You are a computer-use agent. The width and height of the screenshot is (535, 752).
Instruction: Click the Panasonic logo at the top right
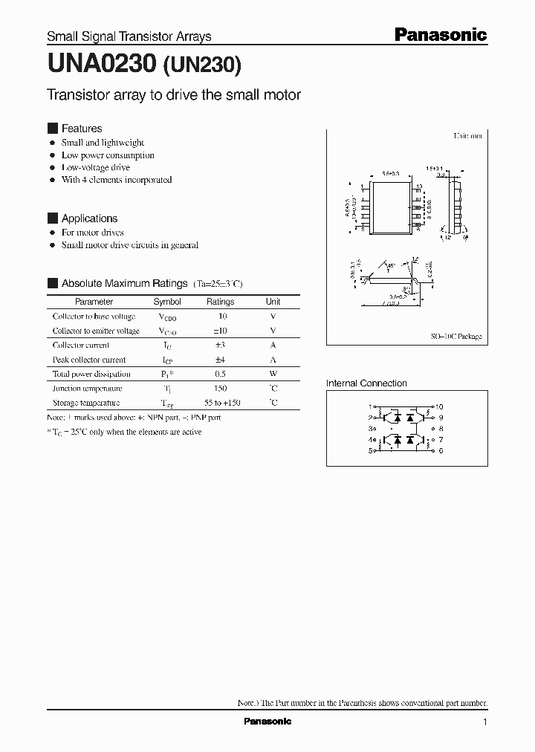tap(440, 34)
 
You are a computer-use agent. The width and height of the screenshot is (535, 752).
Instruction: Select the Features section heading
tap(81, 129)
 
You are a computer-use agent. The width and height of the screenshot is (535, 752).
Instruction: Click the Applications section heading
tap(89, 218)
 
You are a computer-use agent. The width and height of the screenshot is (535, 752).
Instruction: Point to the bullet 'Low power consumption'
tap(108, 155)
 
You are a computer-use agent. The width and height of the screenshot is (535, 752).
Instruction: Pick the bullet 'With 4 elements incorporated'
tap(116, 180)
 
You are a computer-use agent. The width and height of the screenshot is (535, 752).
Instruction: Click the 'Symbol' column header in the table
tap(167, 302)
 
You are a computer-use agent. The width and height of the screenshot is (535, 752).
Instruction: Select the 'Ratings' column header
tap(220, 302)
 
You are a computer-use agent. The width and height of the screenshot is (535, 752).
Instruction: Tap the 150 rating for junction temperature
tap(220, 389)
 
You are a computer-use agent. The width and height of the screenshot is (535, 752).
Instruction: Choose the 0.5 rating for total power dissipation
tap(220, 375)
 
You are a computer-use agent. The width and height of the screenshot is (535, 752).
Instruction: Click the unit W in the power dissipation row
tap(273, 375)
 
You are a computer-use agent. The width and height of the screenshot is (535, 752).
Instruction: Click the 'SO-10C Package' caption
tap(456, 337)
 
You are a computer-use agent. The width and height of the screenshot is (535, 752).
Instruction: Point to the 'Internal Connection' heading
tap(366, 383)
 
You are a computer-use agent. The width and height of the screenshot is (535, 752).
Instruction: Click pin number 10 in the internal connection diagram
tap(439, 407)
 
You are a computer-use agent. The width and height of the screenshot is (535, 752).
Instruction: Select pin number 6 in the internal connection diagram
tap(441, 450)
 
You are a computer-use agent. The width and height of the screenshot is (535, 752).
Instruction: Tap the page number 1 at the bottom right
tap(485, 722)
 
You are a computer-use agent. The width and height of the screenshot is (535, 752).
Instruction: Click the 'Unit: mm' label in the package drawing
tap(467, 136)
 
